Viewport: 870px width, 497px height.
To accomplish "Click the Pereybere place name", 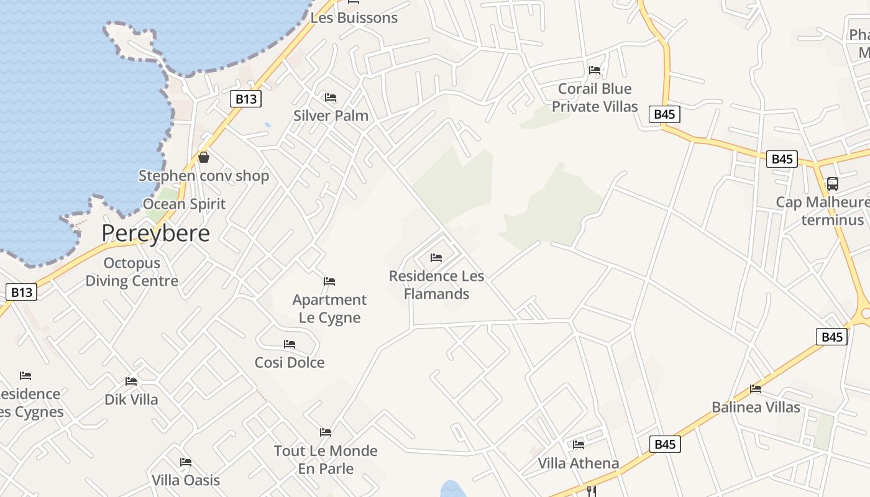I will (155, 233).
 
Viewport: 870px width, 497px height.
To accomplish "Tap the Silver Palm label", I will (331, 116).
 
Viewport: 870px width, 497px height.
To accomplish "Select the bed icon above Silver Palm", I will (331, 98).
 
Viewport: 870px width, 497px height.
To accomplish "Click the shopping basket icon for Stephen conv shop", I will (204, 158).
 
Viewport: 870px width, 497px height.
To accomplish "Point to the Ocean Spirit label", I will (184, 204).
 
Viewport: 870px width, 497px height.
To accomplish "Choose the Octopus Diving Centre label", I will (132, 272).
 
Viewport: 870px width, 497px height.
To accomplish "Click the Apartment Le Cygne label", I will (329, 309).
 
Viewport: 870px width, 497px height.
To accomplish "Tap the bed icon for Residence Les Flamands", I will (436, 258).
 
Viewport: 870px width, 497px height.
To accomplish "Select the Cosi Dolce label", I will (290, 362).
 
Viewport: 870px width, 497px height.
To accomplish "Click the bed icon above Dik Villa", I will (131, 381).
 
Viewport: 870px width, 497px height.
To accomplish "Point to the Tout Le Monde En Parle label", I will (326, 460).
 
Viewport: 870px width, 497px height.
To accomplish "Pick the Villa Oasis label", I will (186, 480).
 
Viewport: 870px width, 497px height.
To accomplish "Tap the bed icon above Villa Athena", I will (579, 445).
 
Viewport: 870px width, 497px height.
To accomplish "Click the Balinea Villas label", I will (756, 408).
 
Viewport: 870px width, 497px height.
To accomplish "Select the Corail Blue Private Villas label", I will (595, 98).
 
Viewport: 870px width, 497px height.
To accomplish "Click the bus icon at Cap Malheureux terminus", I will (832, 184).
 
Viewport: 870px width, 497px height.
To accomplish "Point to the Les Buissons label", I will (354, 18).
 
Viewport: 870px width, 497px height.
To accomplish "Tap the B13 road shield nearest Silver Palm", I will (246, 99).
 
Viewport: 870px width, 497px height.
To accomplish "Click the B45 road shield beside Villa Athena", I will (665, 444).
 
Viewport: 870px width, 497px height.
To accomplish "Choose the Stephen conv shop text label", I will (204, 176).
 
